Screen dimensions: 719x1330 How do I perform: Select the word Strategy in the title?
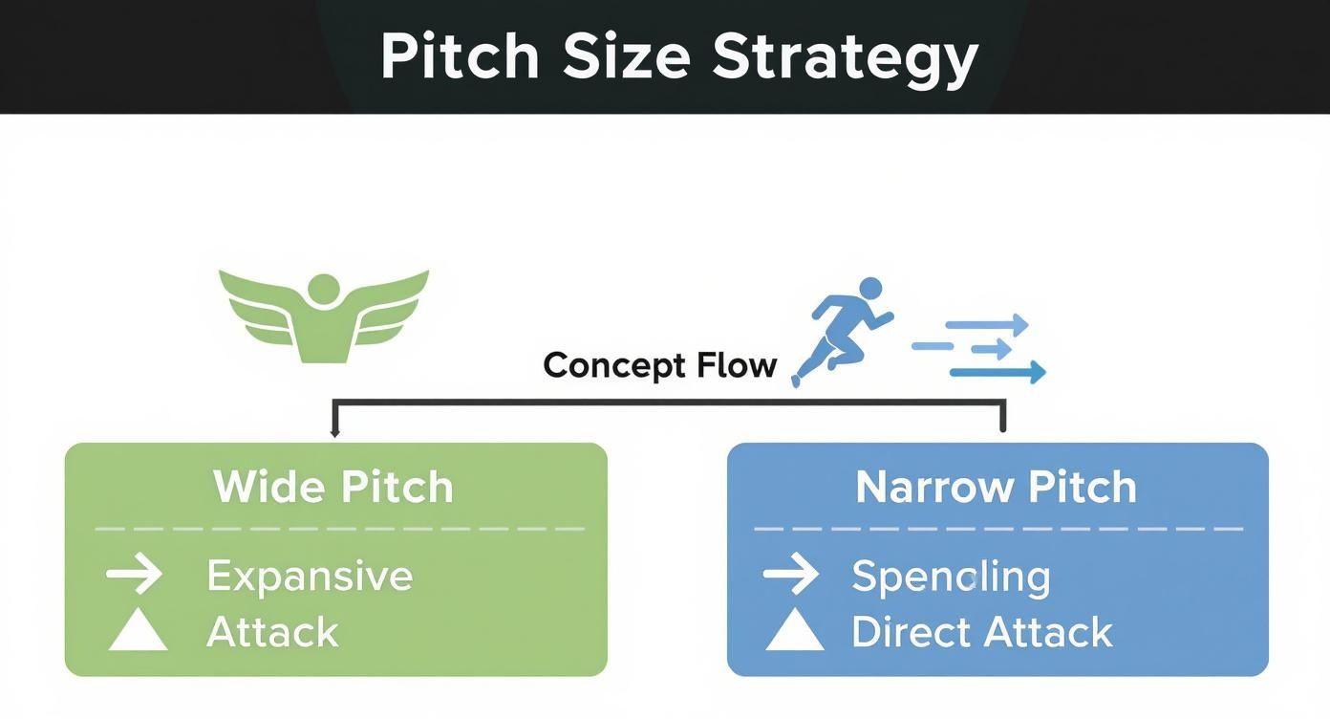(x=845, y=57)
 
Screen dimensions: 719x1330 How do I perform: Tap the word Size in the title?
(x=627, y=57)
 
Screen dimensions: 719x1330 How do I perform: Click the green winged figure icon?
(x=324, y=316)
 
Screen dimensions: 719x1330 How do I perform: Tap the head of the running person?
(x=870, y=288)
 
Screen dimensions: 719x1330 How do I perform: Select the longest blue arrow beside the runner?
(x=997, y=373)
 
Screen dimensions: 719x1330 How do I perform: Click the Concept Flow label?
(x=659, y=365)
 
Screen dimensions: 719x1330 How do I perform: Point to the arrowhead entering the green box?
(x=334, y=432)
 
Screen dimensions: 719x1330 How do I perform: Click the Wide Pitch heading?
(x=333, y=487)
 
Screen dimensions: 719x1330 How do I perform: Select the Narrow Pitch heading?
(x=997, y=487)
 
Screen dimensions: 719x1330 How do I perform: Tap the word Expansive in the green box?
(x=310, y=577)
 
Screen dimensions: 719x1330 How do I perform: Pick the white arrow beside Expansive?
(x=134, y=575)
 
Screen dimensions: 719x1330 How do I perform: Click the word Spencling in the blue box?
(x=951, y=577)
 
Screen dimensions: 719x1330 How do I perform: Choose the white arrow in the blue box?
(x=791, y=575)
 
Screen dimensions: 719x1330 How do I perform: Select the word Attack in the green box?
(x=272, y=633)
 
